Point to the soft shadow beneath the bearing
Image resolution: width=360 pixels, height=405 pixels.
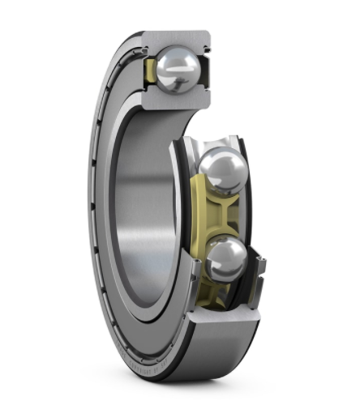click(203, 389)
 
